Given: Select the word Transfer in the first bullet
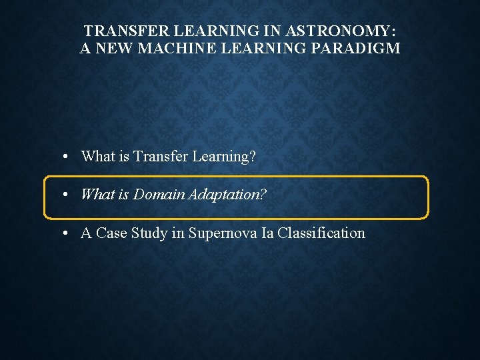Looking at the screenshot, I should point(161,157).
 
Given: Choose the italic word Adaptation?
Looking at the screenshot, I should point(227,195).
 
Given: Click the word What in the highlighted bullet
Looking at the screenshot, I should point(97,195).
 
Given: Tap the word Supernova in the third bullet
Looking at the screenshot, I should point(218,233).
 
